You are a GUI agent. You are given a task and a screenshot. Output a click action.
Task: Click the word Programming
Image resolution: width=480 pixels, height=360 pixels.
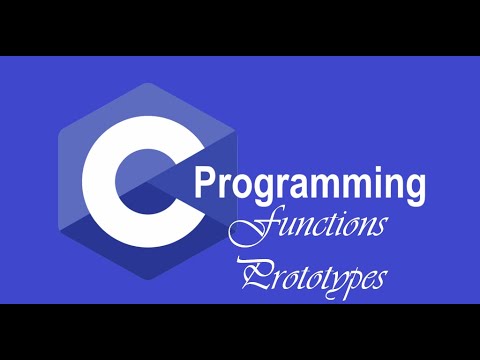coord(310,187)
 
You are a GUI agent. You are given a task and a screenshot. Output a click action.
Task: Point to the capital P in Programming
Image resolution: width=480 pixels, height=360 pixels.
coord(206,185)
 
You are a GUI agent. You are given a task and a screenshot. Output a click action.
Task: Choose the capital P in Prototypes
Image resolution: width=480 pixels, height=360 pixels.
coord(254,274)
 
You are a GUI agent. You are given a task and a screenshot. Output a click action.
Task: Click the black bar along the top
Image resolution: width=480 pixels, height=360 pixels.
coord(240,28)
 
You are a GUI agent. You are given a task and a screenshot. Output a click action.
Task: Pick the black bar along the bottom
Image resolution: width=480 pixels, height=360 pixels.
coord(240,331)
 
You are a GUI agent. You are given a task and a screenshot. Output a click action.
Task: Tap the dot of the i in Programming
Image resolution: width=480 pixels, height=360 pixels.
coord(356,171)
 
